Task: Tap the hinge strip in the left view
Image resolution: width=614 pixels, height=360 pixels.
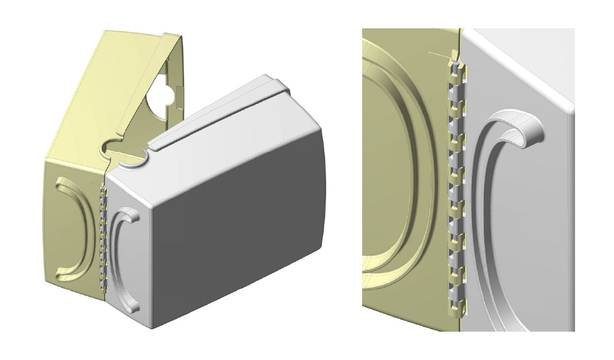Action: coord(102,240)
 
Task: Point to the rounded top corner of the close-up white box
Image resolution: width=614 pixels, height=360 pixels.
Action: coord(569,108)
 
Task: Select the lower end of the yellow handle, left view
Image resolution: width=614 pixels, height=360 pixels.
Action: coord(62,276)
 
